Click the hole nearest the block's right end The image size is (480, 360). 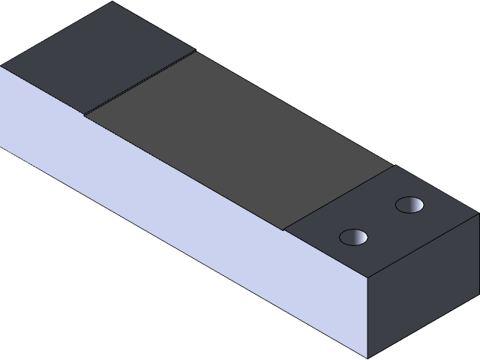pyautogui.click(x=409, y=204)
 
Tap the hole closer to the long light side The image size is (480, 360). pyautogui.click(x=354, y=238)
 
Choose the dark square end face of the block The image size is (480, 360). pyautogui.click(x=424, y=289)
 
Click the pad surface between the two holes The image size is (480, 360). pyautogui.click(x=382, y=220)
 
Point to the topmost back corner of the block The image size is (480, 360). pyautogui.click(x=112, y=2)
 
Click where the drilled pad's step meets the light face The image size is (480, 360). pyautogui.click(x=285, y=229)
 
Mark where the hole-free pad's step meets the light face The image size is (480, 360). pyautogui.click(x=84, y=115)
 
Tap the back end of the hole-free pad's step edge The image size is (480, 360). pyautogui.click(x=194, y=52)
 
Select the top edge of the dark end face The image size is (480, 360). pyautogui.click(x=424, y=244)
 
